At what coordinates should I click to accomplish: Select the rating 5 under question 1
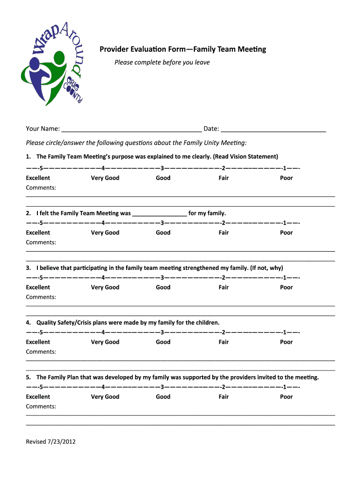41,168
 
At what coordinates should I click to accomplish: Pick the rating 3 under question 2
162,223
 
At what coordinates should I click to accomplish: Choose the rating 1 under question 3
284,278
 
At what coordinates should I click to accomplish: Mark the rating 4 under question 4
102,333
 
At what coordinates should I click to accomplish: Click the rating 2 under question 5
223,387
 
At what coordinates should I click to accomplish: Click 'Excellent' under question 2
38,232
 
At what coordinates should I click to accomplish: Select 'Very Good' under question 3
105,287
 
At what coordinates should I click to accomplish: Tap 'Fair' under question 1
223,178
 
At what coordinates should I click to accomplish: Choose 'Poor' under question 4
286,342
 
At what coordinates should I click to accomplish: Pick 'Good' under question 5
163,397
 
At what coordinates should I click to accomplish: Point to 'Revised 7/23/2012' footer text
50,442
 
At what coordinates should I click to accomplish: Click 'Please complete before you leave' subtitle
162,62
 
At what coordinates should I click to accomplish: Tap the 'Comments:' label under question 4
41,352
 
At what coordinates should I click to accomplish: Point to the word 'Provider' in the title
113,49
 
